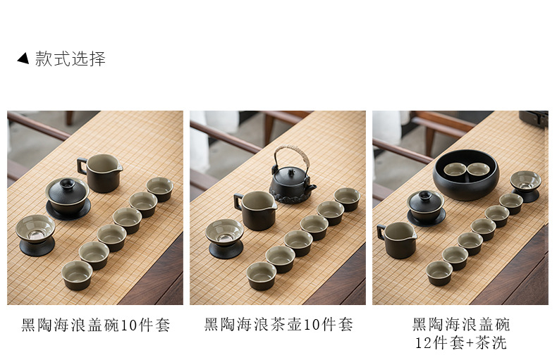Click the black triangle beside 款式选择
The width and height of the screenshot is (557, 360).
pyautogui.click(x=23, y=58)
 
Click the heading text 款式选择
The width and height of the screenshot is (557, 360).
pyautogui.click(x=71, y=58)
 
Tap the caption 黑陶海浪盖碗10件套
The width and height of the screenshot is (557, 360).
pyautogui.click(x=96, y=325)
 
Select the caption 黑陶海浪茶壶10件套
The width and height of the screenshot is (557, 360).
pyautogui.click(x=278, y=325)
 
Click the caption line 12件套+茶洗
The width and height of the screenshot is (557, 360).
pyautogui.click(x=460, y=342)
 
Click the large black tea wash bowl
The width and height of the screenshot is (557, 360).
pyautogui.click(x=466, y=175)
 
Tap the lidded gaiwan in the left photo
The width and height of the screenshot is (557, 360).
pyautogui.click(x=68, y=198)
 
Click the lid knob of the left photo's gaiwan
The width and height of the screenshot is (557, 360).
pyautogui.click(x=66, y=183)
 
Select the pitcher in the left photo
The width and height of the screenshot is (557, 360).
pyautogui.click(x=100, y=173)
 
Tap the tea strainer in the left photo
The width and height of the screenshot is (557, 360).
pyautogui.click(x=35, y=235)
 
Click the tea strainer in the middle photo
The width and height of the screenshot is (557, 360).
pyautogui.click(x=225, y=238)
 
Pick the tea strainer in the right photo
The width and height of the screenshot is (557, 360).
pyautogui.click(x=526, y=186)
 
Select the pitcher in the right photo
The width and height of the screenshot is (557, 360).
pyautogui.click(x=397, y=240)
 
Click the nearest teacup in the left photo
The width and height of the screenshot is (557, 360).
pyautogui.click(x=77, y=275)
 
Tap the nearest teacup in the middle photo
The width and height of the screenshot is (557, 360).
pyautogui.click(x=262, y=276)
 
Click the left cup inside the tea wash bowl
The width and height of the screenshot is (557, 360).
pyautogui.click(x=455, y=170)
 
